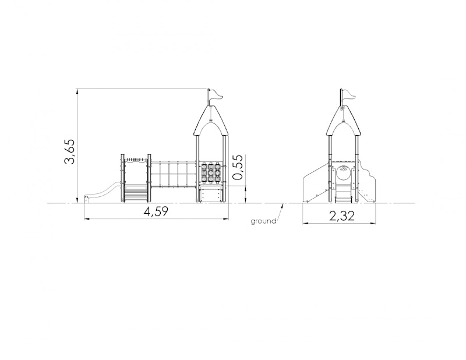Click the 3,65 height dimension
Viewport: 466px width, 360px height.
[x=70, y=151]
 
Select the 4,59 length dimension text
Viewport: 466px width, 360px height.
[x=156, y=211]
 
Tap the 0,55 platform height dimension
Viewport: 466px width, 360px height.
[x=238, y=167]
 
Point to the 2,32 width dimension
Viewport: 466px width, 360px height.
[x=342, y=216]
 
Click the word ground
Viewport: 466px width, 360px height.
[x=263, y=221]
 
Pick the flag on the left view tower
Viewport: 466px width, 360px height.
[x=216, y=95]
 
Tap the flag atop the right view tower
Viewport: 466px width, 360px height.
[x=349, y=95]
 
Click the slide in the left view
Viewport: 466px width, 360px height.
[x=103, y=193]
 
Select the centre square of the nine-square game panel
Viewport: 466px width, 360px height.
[x=211, y=172]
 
